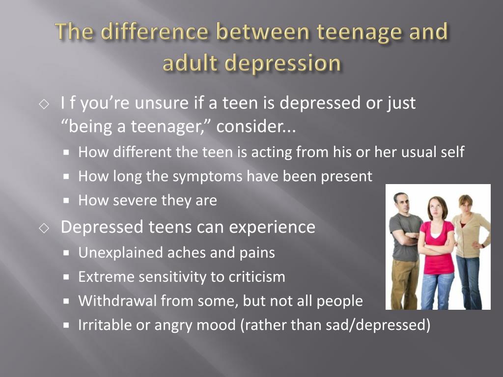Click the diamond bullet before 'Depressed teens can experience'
44,228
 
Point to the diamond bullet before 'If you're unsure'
44,104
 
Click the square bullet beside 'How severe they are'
66,201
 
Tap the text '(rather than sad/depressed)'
335,325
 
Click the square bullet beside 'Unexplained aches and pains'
66,253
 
